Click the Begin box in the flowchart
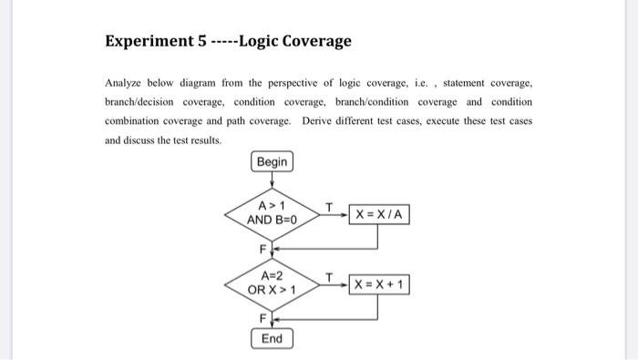point(272,162)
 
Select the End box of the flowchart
point(272,338)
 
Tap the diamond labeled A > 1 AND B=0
point(272,213)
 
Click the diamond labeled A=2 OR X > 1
point(272,283)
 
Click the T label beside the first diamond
point(329,206)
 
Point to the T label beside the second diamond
point(329,275)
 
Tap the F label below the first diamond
point(262,247)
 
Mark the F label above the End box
point(262,318)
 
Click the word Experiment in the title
point(146,42)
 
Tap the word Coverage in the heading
point(316,42)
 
